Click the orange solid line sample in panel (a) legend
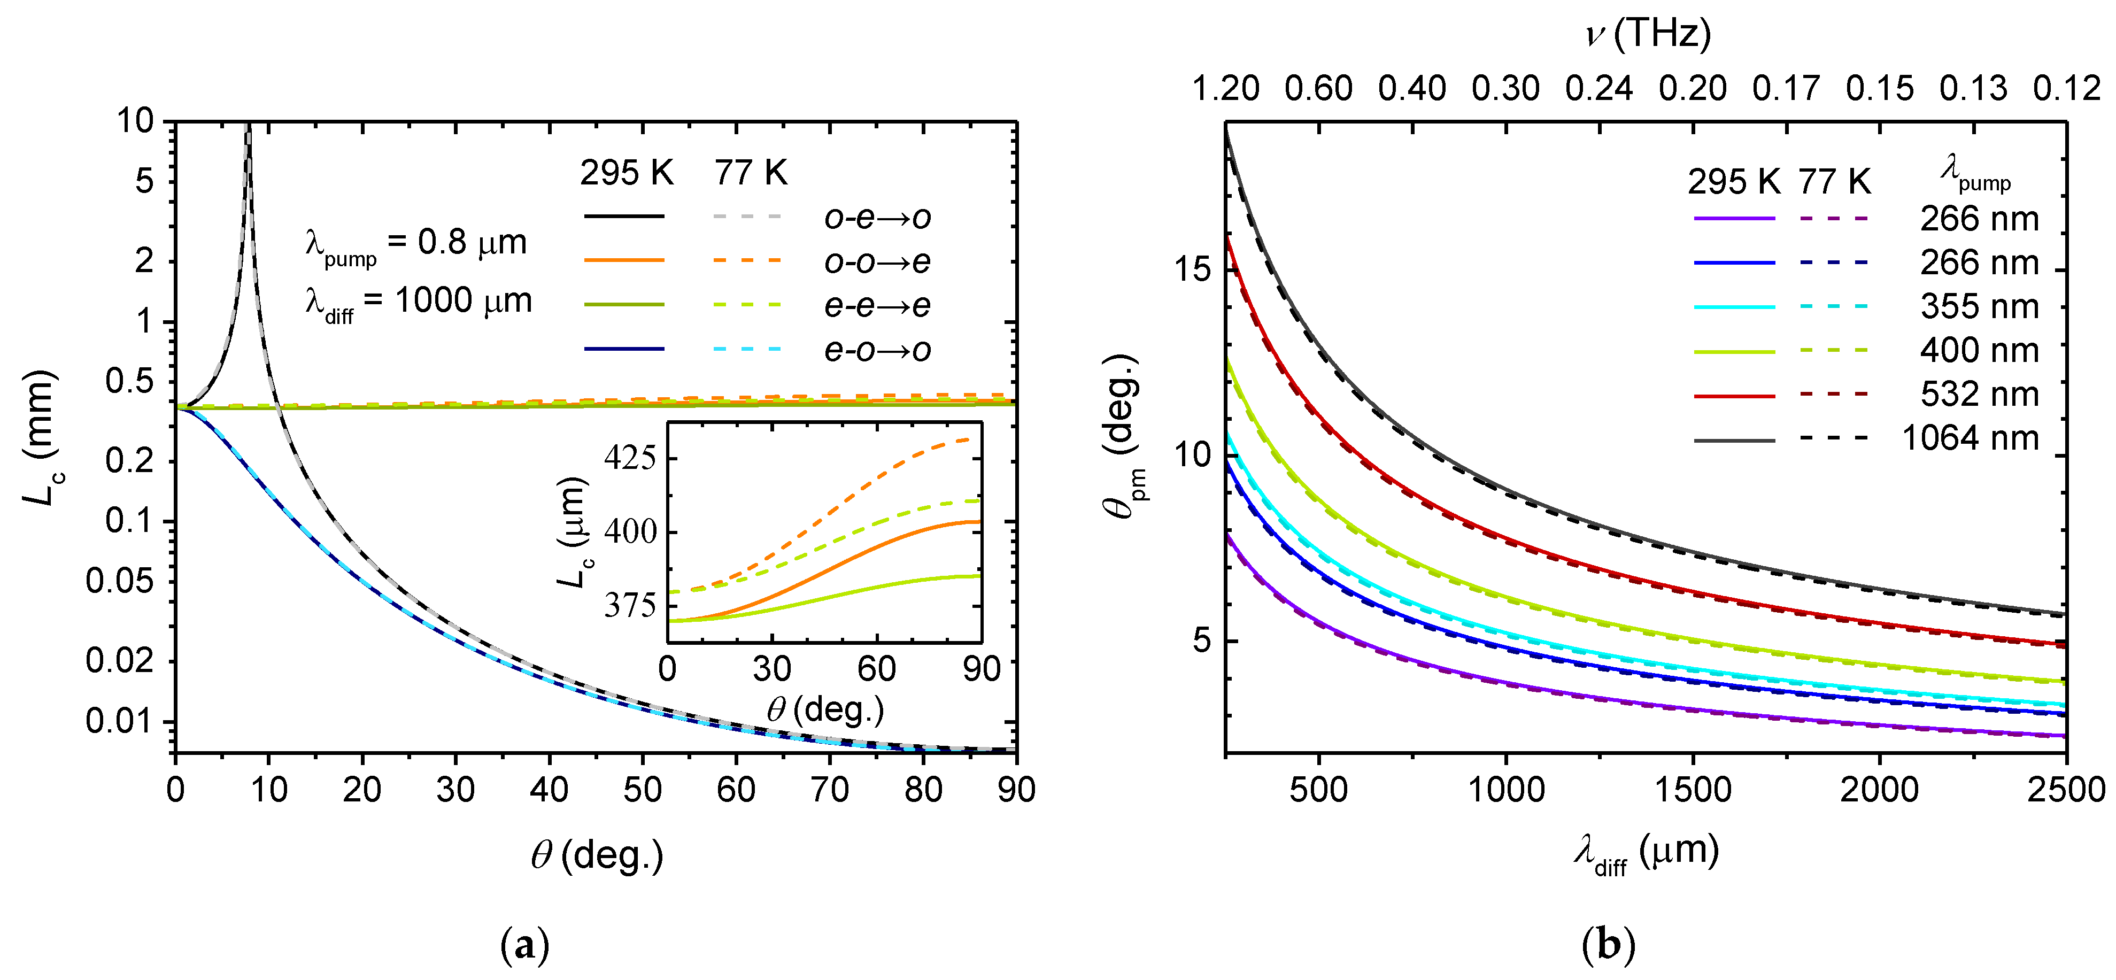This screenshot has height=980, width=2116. point(624,260)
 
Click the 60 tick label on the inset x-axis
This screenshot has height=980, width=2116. point(876,669)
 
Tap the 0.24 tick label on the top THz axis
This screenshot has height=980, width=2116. point(1598,88)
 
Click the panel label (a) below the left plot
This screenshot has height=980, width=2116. point(524,945)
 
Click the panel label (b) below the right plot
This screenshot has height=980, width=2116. point(1608,945)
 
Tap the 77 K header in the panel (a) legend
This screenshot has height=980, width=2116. point(750,173)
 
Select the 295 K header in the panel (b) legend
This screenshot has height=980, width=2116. point(1733,182)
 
